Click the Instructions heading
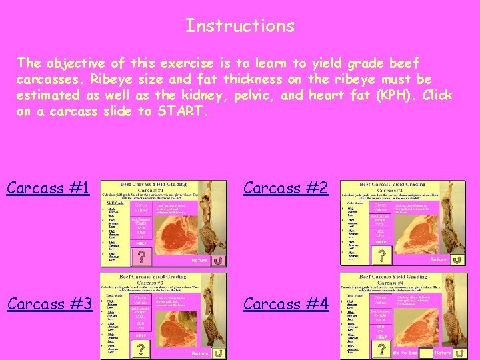point(240,26)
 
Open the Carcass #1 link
point(48,188)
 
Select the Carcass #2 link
point(286,188)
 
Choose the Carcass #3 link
point(49,304)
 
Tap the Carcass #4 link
point(286,304)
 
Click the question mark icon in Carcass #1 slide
point(141,256)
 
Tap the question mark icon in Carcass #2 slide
point(381,256)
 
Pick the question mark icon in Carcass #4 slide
point(381,349)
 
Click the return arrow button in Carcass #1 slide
point(217,260)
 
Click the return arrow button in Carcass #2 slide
point(457,259)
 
